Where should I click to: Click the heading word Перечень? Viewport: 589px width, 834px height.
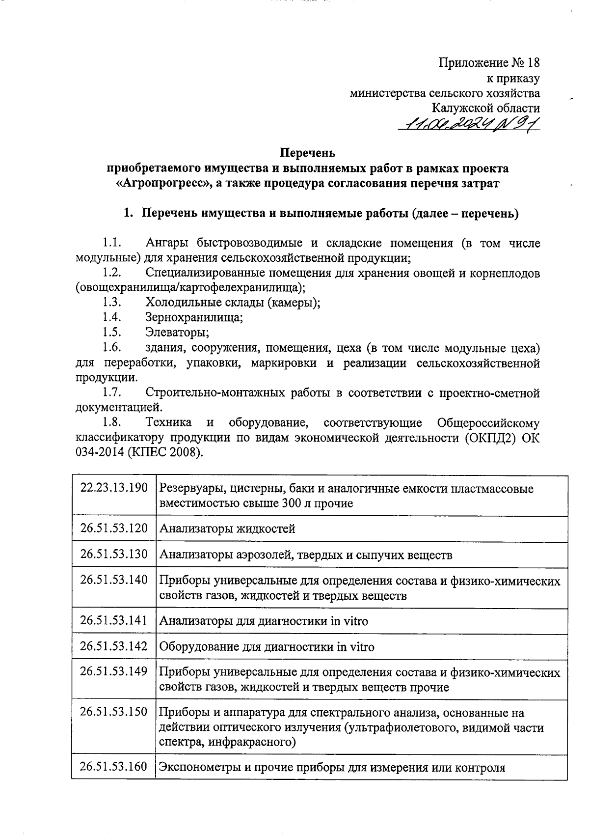point(308,153)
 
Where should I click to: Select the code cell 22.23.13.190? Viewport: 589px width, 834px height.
point(114,488)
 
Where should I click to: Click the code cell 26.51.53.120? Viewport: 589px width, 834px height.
point(114,528)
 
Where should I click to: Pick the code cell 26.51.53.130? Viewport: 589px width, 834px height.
point(114,554)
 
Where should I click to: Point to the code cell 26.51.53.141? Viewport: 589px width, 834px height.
point(114,620)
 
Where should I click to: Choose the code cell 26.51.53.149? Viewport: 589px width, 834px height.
point(114,671)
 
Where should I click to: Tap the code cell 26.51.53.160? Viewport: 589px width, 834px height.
point(114,767)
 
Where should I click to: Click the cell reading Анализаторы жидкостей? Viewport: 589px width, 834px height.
point(227,529)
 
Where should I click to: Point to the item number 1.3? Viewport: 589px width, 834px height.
point(111,302)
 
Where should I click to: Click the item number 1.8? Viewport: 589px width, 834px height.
point(111,423)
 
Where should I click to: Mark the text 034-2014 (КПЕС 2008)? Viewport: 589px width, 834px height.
point(139,453)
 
